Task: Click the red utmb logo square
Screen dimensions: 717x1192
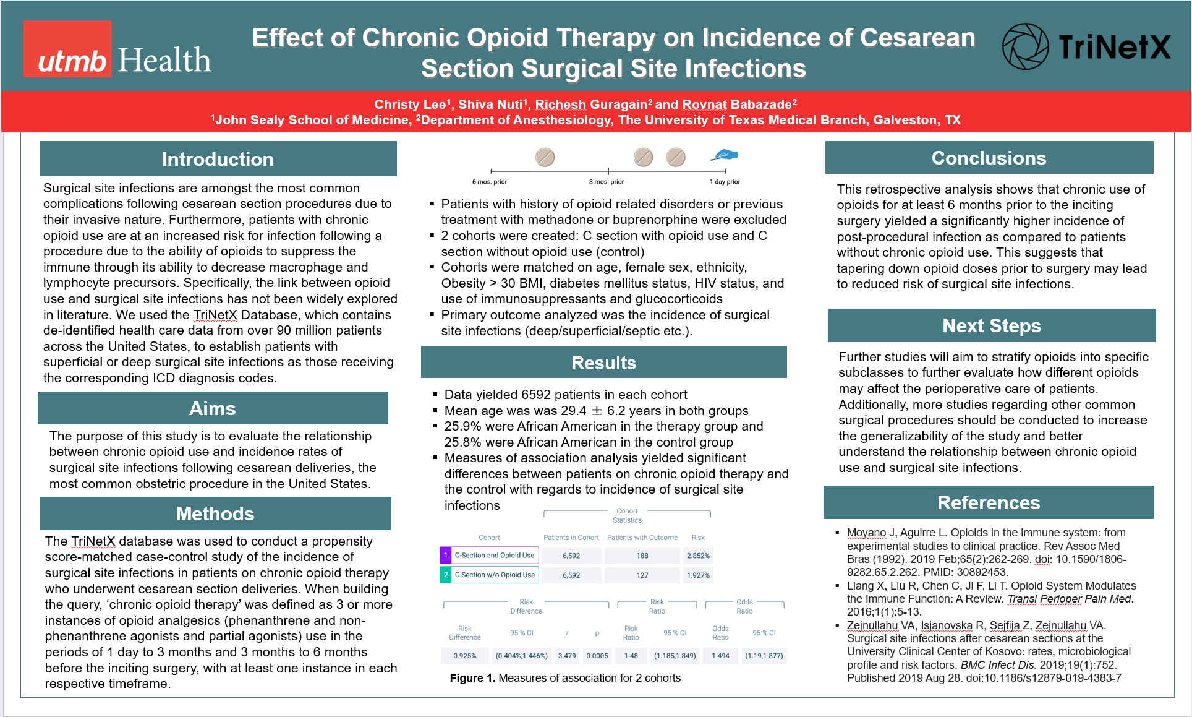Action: [x=67, y=49]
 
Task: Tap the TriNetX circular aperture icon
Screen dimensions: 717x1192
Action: [x=1025, y=46]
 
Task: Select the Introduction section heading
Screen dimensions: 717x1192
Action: [x=218, y=159]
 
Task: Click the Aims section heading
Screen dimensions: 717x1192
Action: [x=212, y=408]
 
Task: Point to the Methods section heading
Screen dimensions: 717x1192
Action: [x=215, y=513]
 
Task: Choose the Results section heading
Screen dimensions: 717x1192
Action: [x=603, y=363]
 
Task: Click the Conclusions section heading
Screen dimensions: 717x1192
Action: [x=989, y=158]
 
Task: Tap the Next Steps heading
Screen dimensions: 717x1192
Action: [x=991, y=325]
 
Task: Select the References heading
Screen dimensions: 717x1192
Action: [x=988, y=502]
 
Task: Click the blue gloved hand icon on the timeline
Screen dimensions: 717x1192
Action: [x=725, y=155]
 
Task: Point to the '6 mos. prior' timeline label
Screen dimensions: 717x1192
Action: [x=490, y=182]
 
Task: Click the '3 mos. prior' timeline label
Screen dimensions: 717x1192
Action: [x=607, y=182]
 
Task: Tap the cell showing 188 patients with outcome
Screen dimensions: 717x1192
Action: [x=642, y=556]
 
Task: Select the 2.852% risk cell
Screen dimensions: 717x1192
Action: [x=698, y=556]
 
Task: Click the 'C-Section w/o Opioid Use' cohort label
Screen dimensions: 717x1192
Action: [x=495, y=575]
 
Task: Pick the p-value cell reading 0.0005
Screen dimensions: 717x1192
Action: [x=597, y=656]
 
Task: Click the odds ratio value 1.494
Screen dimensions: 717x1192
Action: [x=720, y=656]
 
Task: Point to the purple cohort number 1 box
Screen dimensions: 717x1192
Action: [x=446, y=556]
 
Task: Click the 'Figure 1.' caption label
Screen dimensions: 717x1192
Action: [x=472, y=678]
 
